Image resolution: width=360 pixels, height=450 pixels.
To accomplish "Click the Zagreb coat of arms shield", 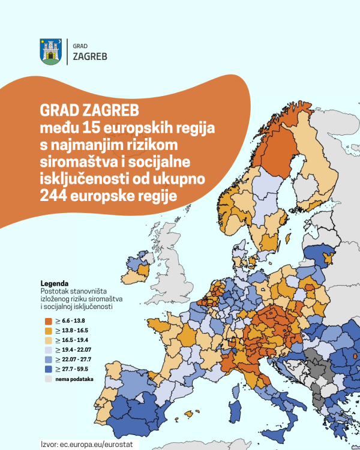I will pos(50,52).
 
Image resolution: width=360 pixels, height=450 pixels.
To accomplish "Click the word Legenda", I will pos(54,283).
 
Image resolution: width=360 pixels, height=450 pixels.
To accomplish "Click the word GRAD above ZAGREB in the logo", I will pos(79,46).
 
